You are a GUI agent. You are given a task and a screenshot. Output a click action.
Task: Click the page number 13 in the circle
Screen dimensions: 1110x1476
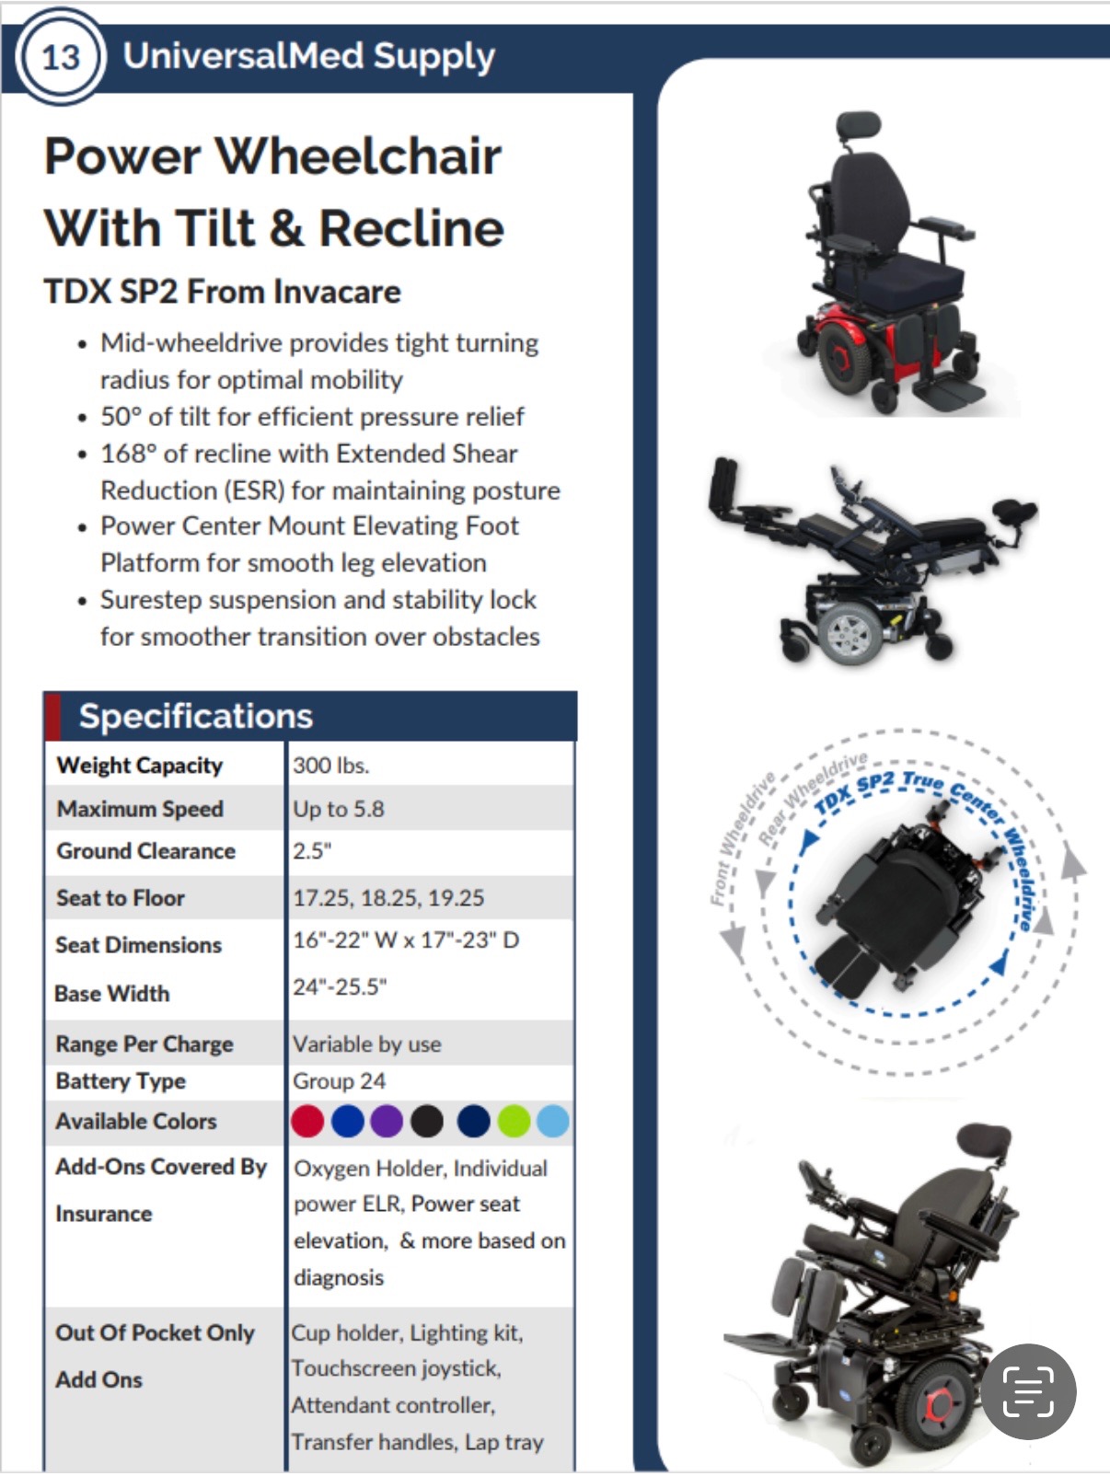pyautogui.click(x=61, y=57)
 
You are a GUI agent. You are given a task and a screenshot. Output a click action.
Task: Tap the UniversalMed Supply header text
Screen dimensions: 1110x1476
pyautogui.click(x=308, y=56)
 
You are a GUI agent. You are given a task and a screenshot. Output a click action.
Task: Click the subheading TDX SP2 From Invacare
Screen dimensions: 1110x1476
pyautogui.click(x=223, y=292)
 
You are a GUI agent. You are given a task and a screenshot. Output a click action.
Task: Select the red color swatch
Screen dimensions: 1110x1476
pyautogui.click(x=307, y=1121)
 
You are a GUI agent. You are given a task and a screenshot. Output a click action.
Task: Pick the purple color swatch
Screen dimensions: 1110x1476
pyautogui.click(x=387, y=1121)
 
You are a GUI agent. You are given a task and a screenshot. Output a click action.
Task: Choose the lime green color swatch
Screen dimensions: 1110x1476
pyautogui.click(x=514, y=1121)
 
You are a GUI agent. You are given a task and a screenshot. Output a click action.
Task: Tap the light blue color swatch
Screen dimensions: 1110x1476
pyautogui.click(x=553, y=1121)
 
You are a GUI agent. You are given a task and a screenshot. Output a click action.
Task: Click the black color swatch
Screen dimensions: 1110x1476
pyautogui.click(x=427, y=1121)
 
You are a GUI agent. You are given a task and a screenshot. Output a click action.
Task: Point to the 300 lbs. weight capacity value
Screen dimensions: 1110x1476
pyautogui.click(x=330, y=766)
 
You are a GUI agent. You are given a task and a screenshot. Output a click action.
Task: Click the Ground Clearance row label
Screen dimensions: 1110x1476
pyautogui.click(x=146, y=850)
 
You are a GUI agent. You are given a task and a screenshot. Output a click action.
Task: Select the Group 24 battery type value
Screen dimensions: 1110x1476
pyautogui.click(x=339, y=1080)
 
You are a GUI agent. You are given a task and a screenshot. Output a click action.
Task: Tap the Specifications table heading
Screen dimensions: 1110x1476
pyautogui.click(x=196, y=716)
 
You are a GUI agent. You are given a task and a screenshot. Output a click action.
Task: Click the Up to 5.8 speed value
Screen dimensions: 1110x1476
pyautogui.click(x=338, y=809)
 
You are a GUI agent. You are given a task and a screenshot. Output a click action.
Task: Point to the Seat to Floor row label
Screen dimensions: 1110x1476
pyautogui.click(x=121, y=898)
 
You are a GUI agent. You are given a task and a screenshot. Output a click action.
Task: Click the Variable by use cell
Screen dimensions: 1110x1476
pyautogui.click(x=367, y=1044)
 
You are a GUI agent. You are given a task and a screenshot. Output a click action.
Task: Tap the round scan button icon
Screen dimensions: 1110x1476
pyautogui.click(x=1028, y=1391)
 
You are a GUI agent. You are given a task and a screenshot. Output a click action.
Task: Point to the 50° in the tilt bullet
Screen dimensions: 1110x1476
pyautogui.click(x=121, y=417)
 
